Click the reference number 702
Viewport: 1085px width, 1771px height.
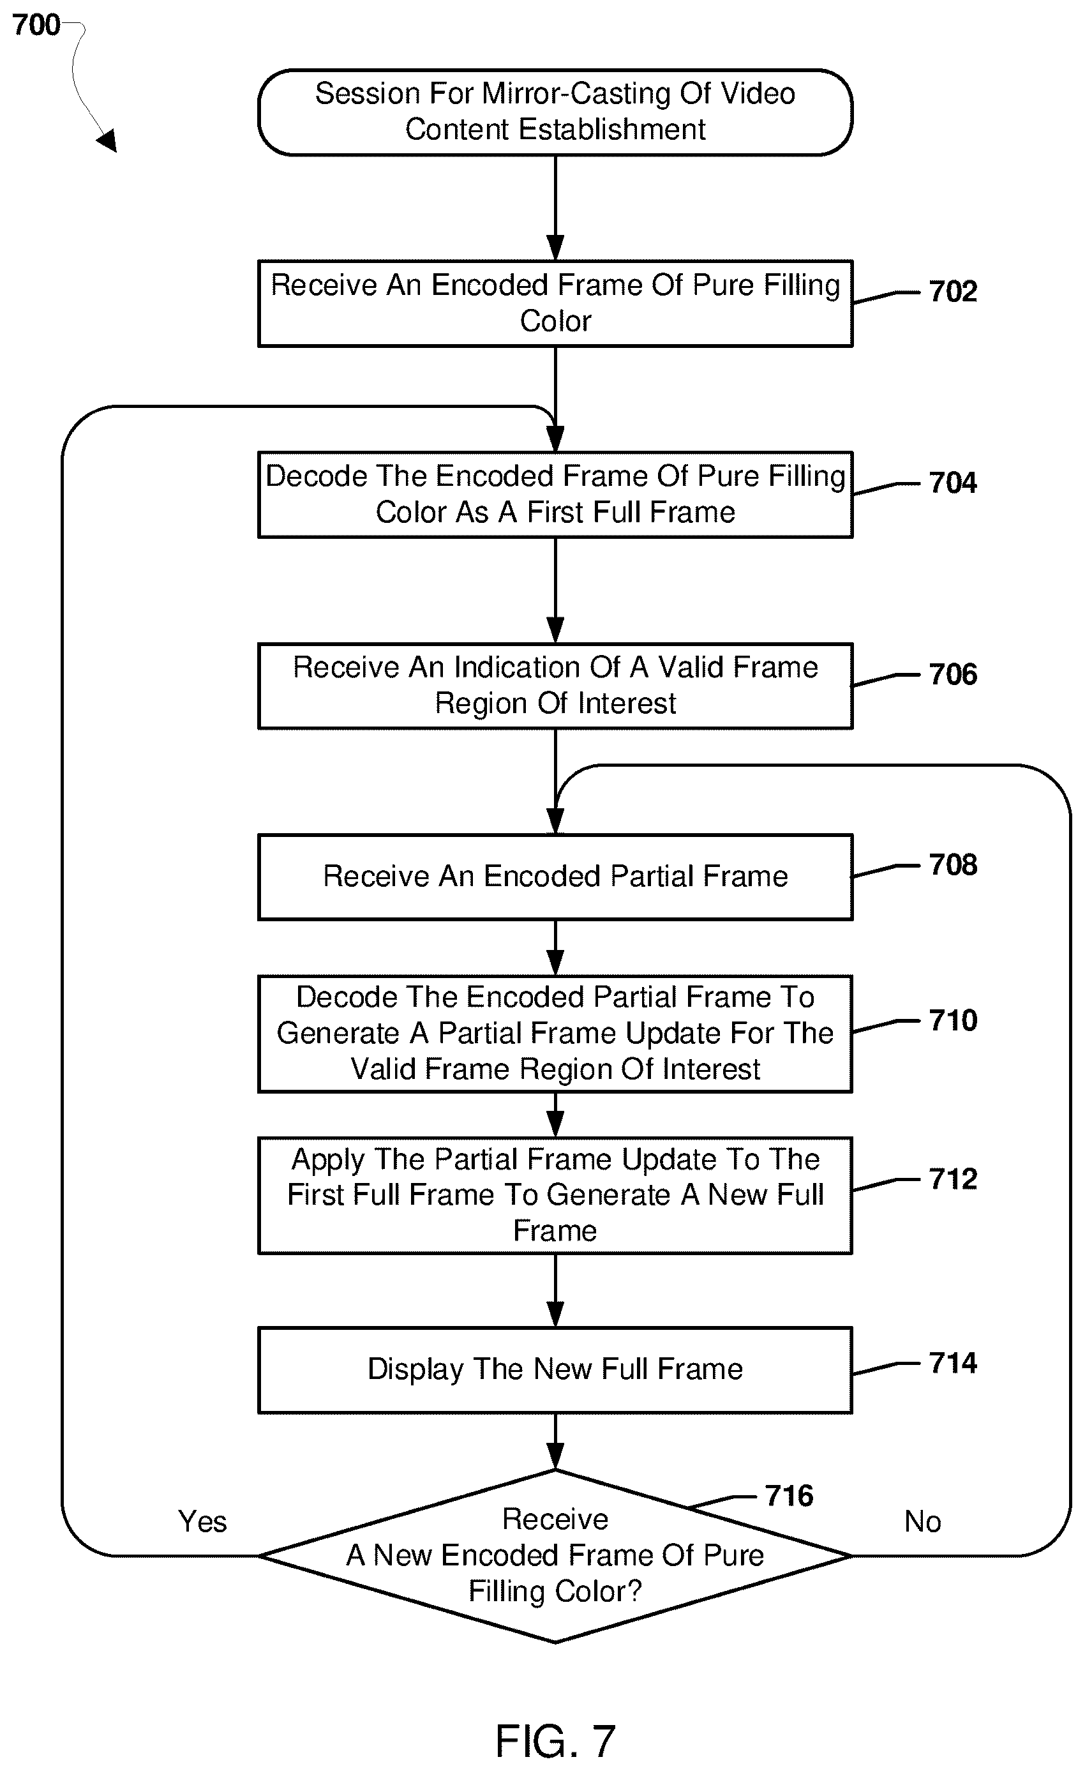pyautogui.click(x=953, y=291)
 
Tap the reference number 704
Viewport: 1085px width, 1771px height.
pyautogui.click(x=953, y=482)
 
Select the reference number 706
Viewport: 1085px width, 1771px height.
pyautogui.click(x=953, y=674)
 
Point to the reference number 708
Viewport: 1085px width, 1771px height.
pyautogui.click(x=953, y=864)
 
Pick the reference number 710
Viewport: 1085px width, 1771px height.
pyautogui.click(x=953, y=1021)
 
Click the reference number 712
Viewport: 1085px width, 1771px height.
pyautogui.click(x=953, y=1179)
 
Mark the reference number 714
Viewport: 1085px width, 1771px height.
pyautogui.click(x=953, y=1363)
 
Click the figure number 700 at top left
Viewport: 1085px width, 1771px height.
pyautogui.click(x=36, y=25)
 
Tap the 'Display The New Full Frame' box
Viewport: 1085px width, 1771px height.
pyautogui.click(x=555, y=1370)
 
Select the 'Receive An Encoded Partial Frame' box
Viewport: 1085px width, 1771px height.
pyautogui.click(x=555, y=877)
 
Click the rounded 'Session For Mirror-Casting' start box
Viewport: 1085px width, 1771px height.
pyautogui.click(x=555, y=112)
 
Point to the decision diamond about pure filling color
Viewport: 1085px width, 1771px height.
pyautogui.click(x=555, y=1556)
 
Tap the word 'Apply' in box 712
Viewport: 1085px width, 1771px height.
pyautogui.click(x=329, y=1159)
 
